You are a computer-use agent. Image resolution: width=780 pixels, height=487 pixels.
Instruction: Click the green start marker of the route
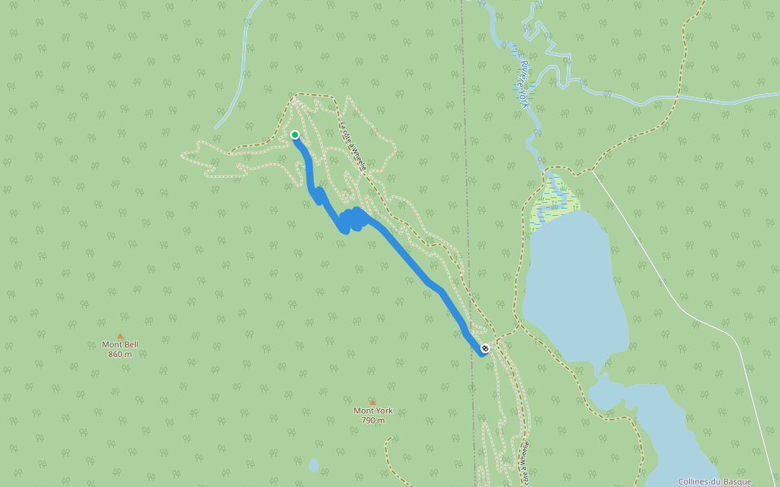295,135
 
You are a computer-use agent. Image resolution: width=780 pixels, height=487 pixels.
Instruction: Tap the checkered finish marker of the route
485,348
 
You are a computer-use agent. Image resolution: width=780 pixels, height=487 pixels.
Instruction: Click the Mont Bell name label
120,344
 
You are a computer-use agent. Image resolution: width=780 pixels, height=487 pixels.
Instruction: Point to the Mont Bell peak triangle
120,335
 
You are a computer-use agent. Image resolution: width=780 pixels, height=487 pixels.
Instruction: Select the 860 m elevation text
120,354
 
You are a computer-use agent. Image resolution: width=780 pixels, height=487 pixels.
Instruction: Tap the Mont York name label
373,411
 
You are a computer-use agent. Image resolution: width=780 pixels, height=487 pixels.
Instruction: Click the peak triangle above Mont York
373,402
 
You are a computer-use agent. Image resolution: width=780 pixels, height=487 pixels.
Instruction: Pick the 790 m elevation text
373,420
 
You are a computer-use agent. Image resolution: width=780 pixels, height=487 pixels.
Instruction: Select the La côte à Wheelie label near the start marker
353,147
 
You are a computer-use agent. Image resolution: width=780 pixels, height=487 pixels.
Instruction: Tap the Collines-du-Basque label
715,481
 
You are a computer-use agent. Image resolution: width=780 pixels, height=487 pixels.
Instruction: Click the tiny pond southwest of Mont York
314,466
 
